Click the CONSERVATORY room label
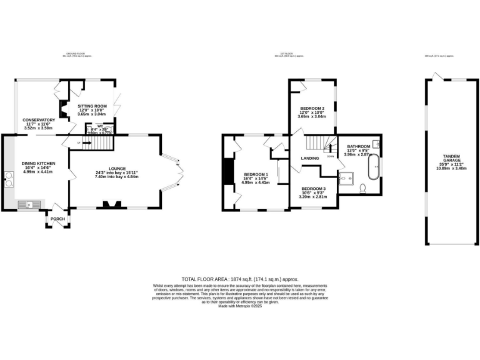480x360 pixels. click(x=39, y=120)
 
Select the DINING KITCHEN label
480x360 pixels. click(x=39, y=163)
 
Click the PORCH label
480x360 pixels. click(x=57, y=219)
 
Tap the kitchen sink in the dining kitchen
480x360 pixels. click(x=29, y=204)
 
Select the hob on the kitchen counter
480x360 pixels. click(x=9, y=179)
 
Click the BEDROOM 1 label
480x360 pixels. click(x=256, y=174)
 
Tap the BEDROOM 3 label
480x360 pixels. click(x=312, y=188)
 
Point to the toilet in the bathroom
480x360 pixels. click(x=363, y=187)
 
